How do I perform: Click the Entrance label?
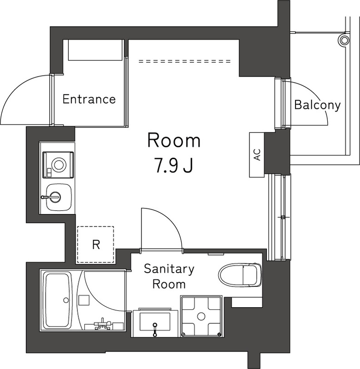tap(89, 99)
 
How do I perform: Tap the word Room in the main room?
tap(174, 141)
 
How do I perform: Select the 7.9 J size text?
tap(174, 165)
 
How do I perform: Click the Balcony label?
tap(317, 105)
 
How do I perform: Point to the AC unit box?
tap(257, 155)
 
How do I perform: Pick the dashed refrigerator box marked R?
tap(95, 244)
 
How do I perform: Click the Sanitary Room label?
tap(169, 276)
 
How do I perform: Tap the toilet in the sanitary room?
tap(239, 275)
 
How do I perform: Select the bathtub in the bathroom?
tap(57, 300)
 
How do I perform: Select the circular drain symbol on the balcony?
tap(343, 40)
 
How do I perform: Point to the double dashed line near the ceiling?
tap(184, 61)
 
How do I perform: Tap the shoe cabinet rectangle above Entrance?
tap(95, 50)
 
